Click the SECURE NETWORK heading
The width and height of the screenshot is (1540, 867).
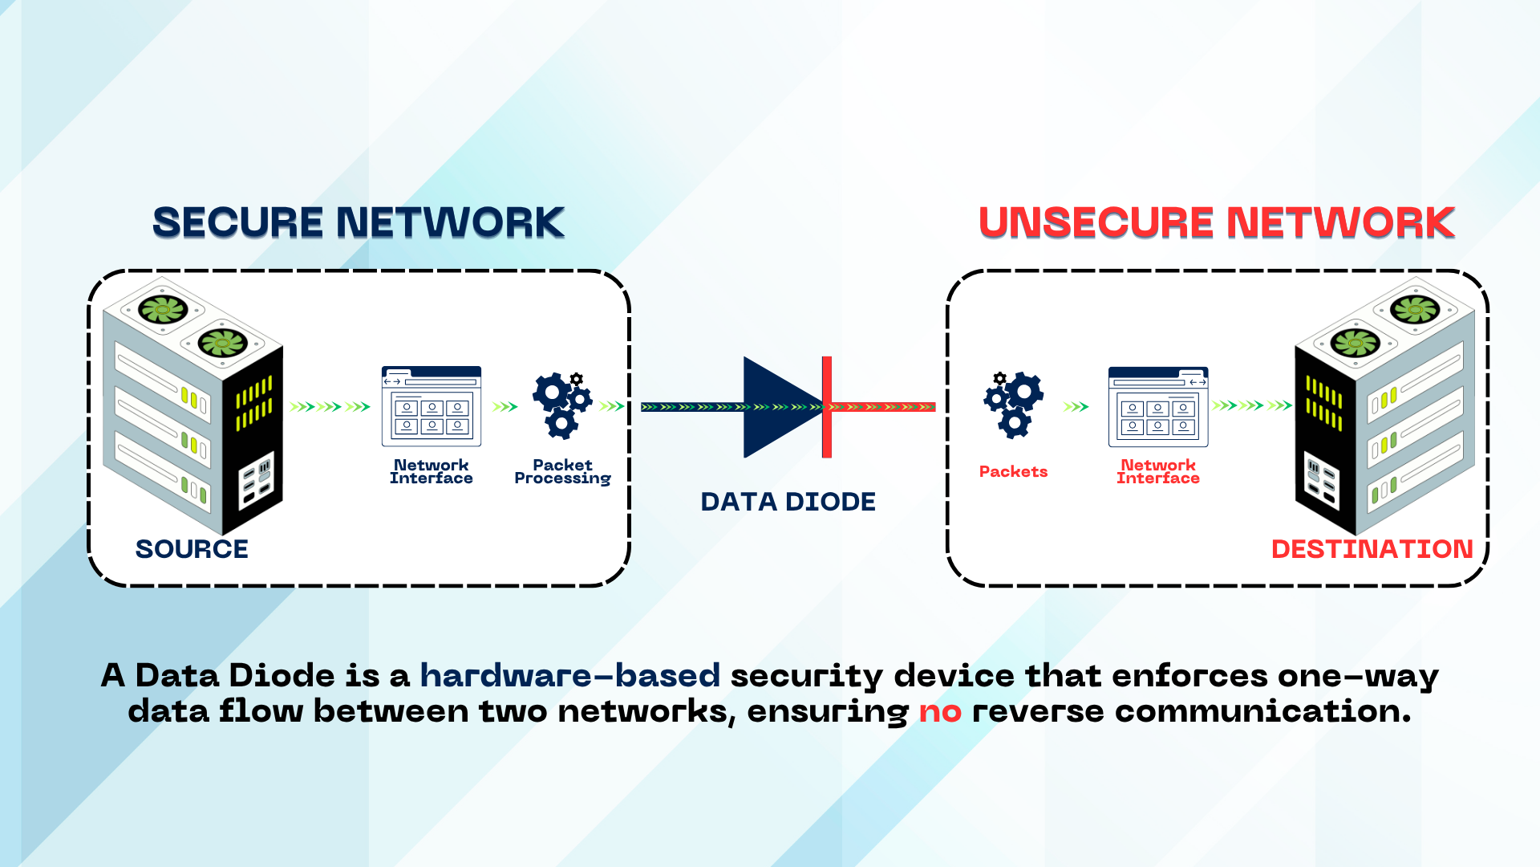tap(359, 222)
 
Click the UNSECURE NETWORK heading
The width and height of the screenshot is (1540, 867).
tap(1216, 222)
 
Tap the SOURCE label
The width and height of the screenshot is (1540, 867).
tap(192, 549)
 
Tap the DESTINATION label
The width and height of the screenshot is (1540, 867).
tap(1372, 549)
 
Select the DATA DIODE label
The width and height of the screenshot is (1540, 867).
tap(788, 502)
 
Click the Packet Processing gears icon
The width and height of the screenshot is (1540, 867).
tap(562, 405)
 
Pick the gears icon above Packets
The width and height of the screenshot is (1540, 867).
tap(1013, 405)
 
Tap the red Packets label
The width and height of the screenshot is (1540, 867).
tap(1013, 472)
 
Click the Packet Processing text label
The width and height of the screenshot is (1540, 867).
tap(562, 472)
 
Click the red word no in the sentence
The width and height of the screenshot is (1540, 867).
tap(939, 711)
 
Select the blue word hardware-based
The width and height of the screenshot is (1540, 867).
tap(569, 676)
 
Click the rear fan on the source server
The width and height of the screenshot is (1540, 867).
tap(163, 308)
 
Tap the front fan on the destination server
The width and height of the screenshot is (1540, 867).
tap(1355, 343)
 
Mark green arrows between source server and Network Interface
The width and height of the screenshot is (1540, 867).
tap(330, 407)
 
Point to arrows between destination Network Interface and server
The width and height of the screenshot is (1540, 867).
tap(1251, 405)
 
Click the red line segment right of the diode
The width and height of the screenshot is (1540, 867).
tap(882, 407)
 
